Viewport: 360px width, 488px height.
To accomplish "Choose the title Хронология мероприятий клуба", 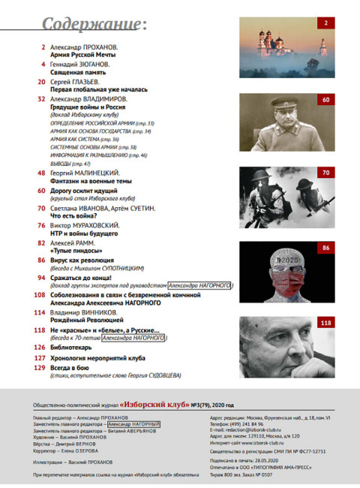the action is coord(99,360).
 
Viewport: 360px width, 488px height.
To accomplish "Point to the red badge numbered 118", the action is coord(325,323).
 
